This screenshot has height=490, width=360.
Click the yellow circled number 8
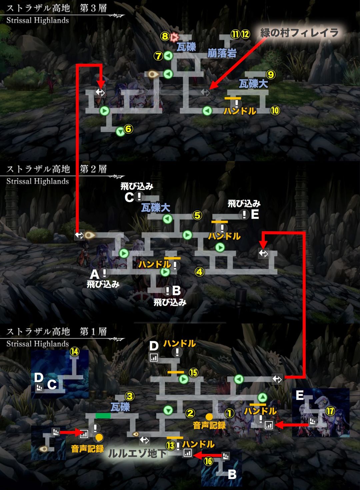tap(165, 36)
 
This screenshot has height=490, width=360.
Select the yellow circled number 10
tap(275, 110)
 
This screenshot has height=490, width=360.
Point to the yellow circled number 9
tap(270, 74)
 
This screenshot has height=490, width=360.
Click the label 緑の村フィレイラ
tap(299, 33)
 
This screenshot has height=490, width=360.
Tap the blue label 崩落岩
tap(222, 53)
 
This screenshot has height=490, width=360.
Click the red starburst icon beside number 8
tap(174, 37)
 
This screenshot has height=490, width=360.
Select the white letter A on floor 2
tap(95, 274)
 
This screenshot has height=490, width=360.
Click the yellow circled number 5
tap(197, 216)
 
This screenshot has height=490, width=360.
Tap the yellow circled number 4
tap(199, 272)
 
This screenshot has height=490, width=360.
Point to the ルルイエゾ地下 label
tap(138, 453)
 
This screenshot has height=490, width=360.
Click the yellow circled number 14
tap(74, 351)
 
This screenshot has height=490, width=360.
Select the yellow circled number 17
tap(330, 411)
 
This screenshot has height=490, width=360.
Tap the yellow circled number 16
tap(209, 461)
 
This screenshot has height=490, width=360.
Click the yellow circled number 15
tap(194, 372)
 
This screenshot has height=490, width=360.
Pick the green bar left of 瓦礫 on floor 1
tap(103, 415)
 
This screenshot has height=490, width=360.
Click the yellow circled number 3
tap(129, 396)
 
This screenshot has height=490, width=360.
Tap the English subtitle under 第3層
tap(37, 20)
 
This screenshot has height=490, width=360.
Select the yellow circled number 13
tap(171, 445)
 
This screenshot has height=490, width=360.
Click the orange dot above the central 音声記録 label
tap(209, 417)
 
